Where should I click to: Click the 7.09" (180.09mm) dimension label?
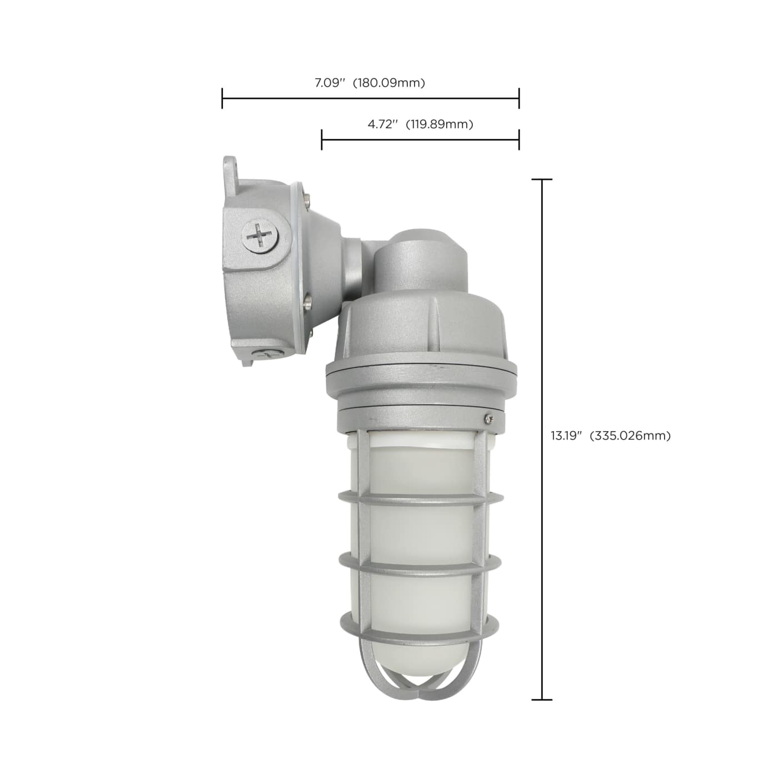click(x=370, y=83)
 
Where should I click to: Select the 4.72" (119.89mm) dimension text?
click(x=420, y=124)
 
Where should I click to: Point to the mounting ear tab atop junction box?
click(x=229, y=167)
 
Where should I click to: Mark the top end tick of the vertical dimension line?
click(x=542, y=179)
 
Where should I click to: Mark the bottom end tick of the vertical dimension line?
click(x=542, y=699)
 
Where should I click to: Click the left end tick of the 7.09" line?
click(x=222, y=98)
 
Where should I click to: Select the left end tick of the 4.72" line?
click(x=322, y=139)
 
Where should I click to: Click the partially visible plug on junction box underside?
click(x=266, y=355)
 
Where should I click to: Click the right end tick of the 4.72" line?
click(x=519, y=139)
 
